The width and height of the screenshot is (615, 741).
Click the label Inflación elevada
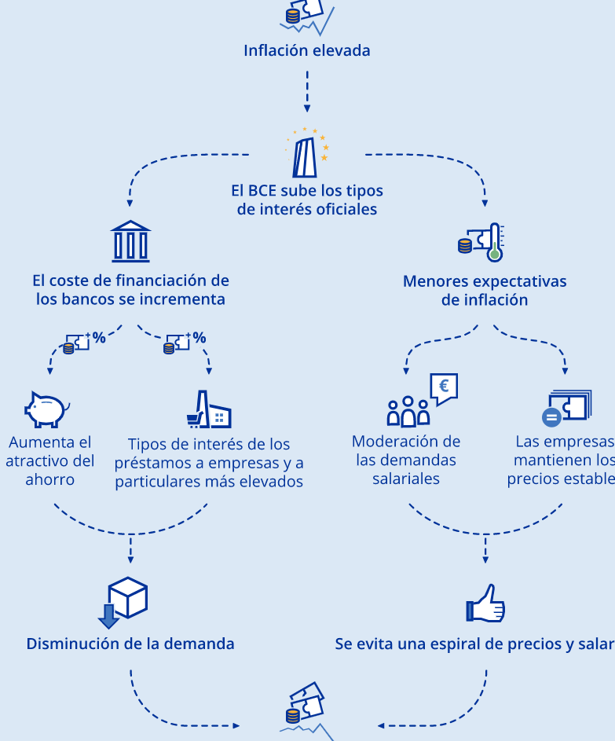pyautogui.click(x=306, y=51)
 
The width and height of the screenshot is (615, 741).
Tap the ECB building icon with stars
pyautogui.click(x=307, y=152)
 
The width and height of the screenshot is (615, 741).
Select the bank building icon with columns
pyautogui.click(x=130, y=241)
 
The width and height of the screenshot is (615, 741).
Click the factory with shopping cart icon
pyautogui.click(x=209, y=410)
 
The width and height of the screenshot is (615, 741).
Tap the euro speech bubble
pyautogui.click(x=443, y=387)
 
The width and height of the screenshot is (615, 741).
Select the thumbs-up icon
pyautogui.click(x=486, y=603)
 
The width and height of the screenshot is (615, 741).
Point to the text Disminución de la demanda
pyautogui.click(x=130, y=644)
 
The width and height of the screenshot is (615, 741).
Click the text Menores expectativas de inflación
pyautogui.click(x=484, y=291)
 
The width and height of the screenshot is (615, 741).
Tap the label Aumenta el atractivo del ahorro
pyautogui.click(x=49, y=461)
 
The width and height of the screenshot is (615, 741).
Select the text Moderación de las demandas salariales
pyautogui.click(x=406, y=460)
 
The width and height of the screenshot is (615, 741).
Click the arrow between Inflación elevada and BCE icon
pyautogui.click(x=307, y=91)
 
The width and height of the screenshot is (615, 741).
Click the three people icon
pyautogui.click(x=408, y=411)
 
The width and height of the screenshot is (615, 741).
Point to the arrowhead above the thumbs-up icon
pyautogui.click(x=486, y=561)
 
